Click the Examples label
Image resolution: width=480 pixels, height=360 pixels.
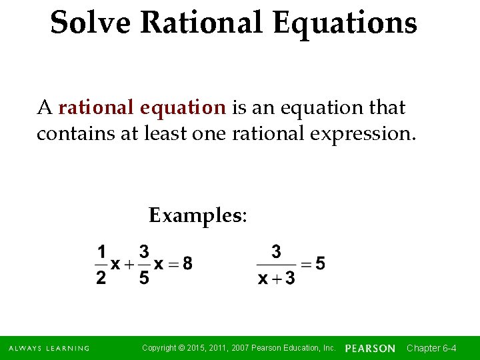point(197,215)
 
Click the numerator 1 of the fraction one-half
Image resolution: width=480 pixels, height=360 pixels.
point(101,252)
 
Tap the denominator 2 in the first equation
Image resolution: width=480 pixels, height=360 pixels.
point(101,277)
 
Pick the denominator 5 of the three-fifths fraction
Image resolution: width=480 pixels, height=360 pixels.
point(144,277)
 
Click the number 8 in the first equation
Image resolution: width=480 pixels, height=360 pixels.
point(187,264)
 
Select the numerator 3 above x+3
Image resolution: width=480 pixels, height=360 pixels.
point(276,252)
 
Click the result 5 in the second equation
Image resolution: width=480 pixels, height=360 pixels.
point(321,264)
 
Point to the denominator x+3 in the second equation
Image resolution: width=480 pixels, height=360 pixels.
point(276,277)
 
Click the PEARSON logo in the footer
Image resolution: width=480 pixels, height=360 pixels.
point(370,349)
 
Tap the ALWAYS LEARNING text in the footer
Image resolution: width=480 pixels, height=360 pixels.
point(49,349)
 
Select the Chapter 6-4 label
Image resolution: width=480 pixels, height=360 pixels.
point(431,349)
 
